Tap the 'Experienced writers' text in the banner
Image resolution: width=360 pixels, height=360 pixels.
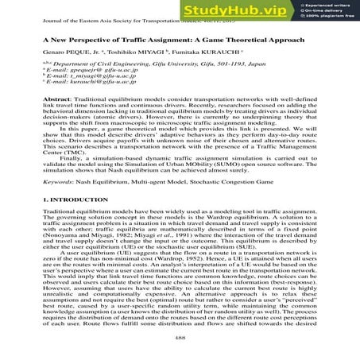(x=331, y=6)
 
